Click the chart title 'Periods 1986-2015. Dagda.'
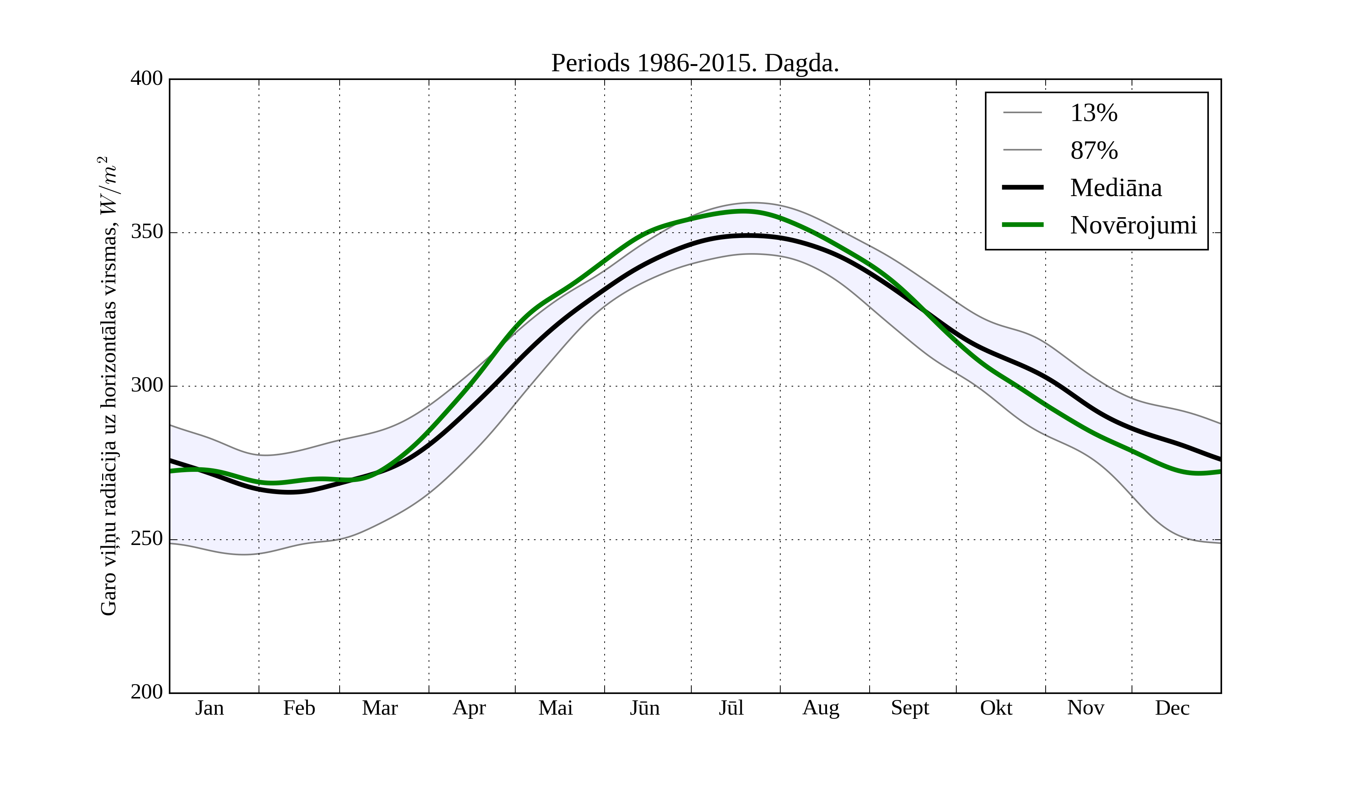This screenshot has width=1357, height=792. point(695,64)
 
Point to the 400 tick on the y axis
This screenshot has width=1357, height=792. point(147,79)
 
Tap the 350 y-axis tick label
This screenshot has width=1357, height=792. point(147,232)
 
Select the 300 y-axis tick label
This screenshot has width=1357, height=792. point(147,386)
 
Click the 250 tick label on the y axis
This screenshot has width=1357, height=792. point(147,539)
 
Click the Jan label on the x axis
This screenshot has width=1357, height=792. point(210,708)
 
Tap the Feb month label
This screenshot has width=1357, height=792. point(299,708)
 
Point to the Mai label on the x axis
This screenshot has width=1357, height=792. point(555,708)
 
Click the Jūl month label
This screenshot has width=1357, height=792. point(731,708)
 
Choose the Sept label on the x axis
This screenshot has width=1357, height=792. point(910,708)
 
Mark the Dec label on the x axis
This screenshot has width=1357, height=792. point(1172,708)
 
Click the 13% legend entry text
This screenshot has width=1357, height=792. point(1094,113)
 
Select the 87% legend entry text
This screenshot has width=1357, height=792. point(1094,150)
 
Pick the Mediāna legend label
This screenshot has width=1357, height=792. point(1116,188)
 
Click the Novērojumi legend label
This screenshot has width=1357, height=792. point(1133,225)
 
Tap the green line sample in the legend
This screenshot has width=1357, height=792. point(1022,225)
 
